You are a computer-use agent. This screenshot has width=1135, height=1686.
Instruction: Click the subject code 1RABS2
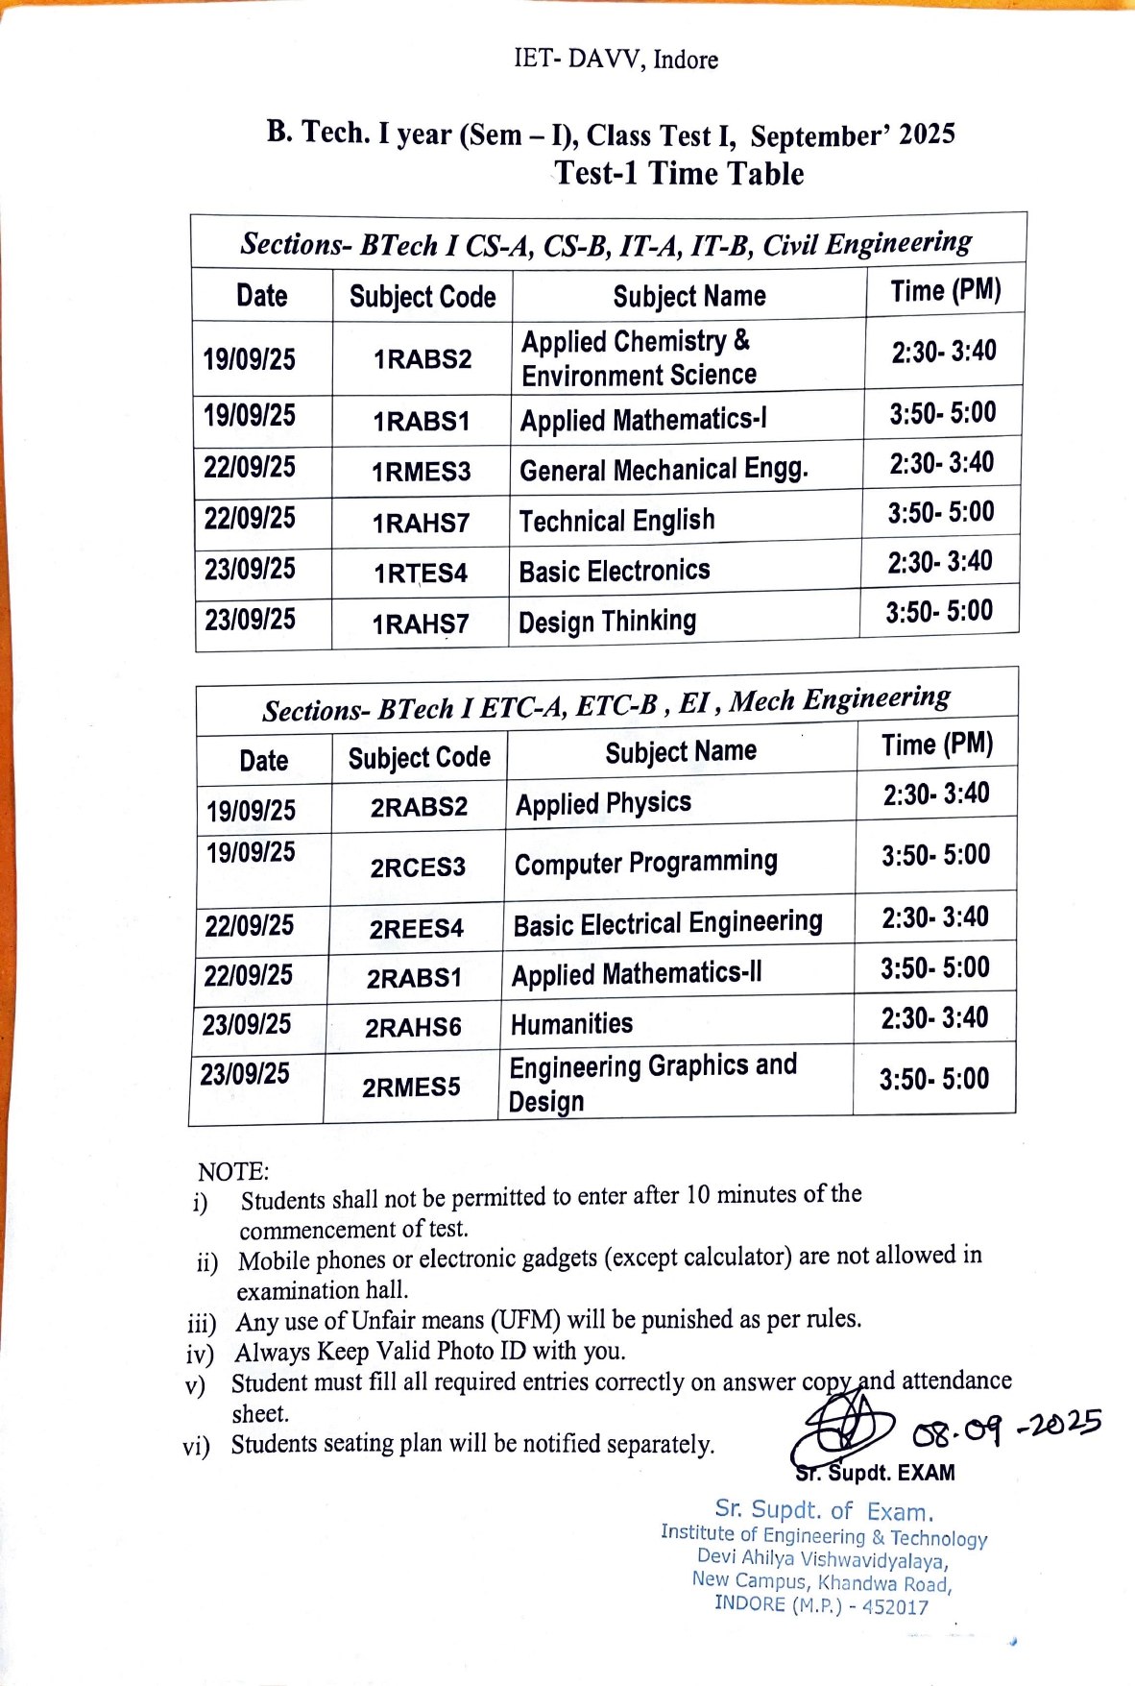(x=423, y=359)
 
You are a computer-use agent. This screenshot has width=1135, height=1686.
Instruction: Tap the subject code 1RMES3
(x=422, y=472)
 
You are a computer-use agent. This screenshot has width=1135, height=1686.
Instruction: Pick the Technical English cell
(x=616, y=521)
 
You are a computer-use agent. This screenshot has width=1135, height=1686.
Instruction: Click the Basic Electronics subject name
(x=615, y=572)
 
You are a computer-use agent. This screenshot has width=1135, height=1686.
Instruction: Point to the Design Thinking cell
(x=607, y=622)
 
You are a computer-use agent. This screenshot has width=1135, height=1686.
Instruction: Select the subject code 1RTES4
(x=421, y=574)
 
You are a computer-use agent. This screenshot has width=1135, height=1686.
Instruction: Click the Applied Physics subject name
(x=603, y=803)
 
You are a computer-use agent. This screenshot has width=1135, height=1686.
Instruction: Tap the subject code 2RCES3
(x=418, y=867)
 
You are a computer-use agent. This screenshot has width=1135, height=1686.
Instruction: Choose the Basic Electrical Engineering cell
(x=667, y=924)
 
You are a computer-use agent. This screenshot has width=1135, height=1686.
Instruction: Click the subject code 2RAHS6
(x=413, y=1028)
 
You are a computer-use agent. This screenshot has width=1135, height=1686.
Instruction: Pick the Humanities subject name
(x=571, y=1024)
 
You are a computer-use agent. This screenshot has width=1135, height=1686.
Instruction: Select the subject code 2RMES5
(x=411, y=1087)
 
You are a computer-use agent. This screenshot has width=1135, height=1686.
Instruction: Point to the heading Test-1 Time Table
(x=679, y=174)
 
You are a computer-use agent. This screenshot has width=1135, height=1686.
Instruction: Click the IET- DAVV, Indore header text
(x=616, y=60)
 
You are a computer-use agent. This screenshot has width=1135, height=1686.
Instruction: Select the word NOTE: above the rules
(x=233, y=1171)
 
